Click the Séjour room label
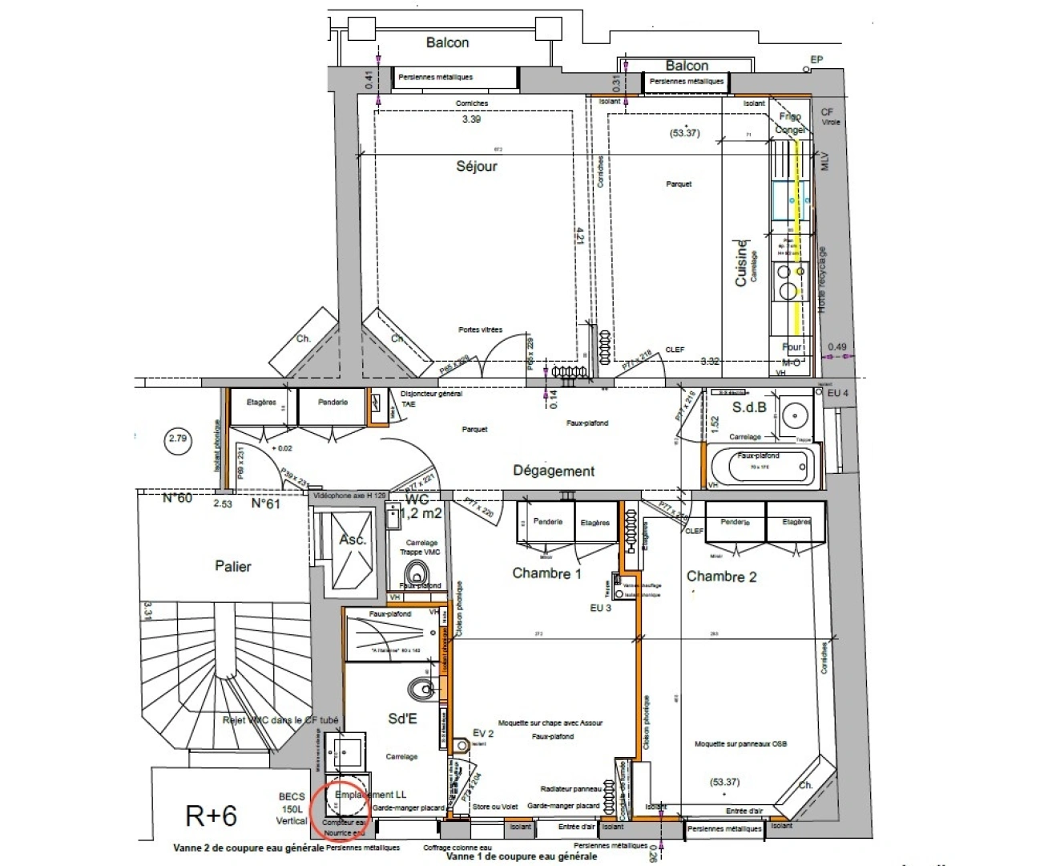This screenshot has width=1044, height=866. tap(477, 167)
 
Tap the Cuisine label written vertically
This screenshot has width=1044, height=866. tap(742, 262)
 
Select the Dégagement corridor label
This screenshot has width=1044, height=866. tap(554, 471)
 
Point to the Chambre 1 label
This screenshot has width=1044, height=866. tap(547, 573)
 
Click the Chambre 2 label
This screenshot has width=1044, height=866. tap(721, 577)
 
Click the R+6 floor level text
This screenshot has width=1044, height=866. tap(212, 815)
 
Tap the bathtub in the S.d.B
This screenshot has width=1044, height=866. tap(764, 467)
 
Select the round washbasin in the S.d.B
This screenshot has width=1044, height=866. tap(795, 415)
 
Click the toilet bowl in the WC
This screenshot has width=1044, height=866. tap(415, 573)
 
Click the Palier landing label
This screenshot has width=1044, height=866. tap(233, 566)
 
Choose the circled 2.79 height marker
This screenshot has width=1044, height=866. tap(178, 439)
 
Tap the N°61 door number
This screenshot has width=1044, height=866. tap(266, 504)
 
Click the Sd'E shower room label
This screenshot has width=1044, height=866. tap(402, 718)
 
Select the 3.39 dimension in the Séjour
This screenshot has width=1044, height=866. tap(471, 119)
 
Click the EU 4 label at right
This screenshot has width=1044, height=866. tap(837, 394)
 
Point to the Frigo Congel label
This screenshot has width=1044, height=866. tap(790, 123)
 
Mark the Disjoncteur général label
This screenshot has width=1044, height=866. tap(431, 394)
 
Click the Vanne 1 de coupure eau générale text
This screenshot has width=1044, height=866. tap(521, 856)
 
